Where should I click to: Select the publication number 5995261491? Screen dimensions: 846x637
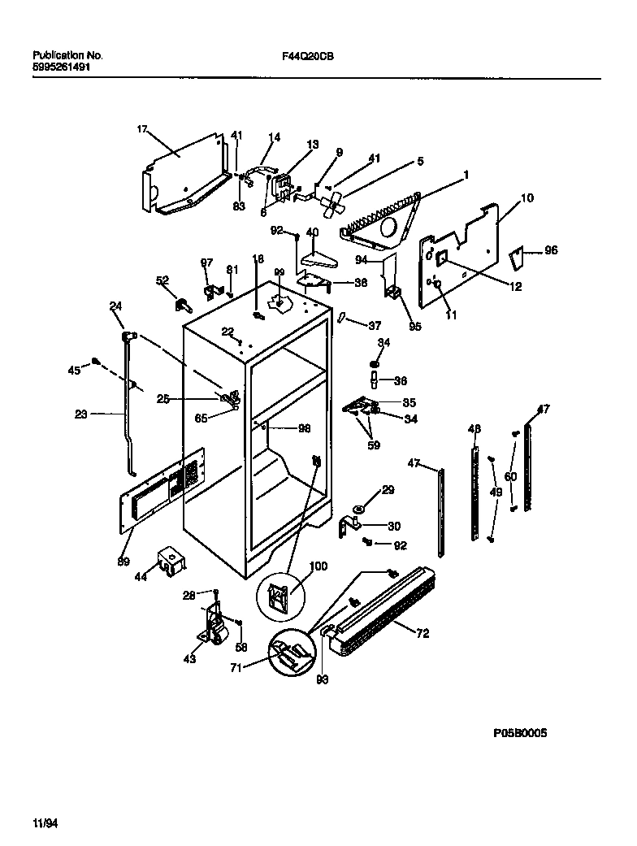pos(61,67)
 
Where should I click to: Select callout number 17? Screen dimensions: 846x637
pos(141,128)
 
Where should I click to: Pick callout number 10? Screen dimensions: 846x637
pos(526,197)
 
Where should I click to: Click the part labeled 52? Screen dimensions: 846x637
pos(181,305)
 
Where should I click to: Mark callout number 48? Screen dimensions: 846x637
pos(474,428)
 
